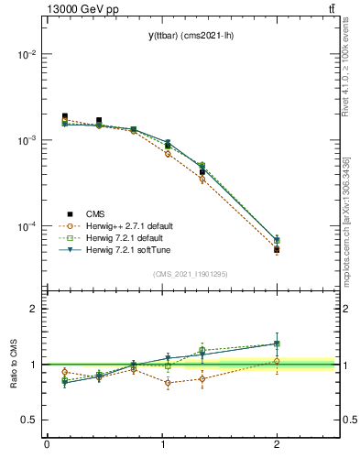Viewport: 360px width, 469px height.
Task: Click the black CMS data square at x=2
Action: pos(277,249)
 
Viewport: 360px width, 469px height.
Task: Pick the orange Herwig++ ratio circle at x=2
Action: pos(277,361)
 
